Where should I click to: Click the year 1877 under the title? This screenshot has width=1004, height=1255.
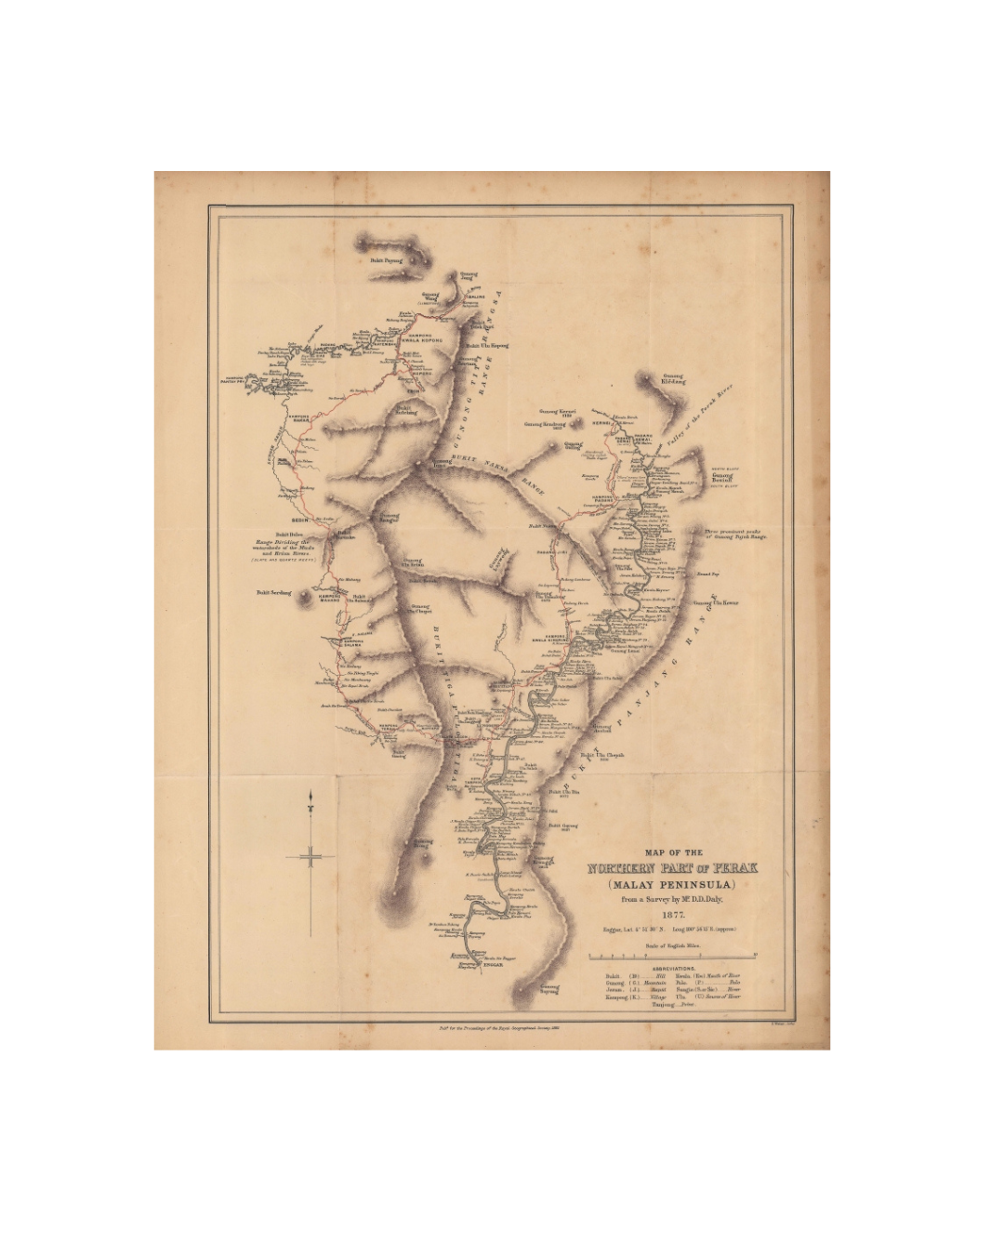pos(672,913)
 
